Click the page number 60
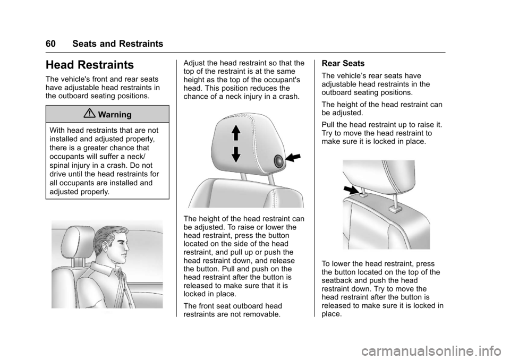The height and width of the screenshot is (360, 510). (51, 44)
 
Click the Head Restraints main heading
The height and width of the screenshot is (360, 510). (90, 65)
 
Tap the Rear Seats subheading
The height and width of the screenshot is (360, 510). (343, 63)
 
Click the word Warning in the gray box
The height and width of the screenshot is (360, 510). (115, 115)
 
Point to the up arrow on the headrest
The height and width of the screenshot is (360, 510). (236, 133)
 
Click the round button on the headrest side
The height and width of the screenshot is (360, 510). (279, 161)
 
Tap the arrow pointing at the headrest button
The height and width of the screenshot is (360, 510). (293, 157)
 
